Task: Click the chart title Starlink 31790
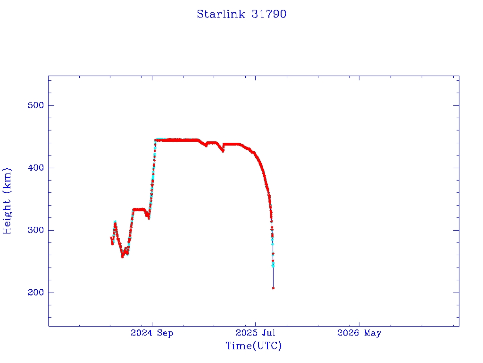tap(241, 14)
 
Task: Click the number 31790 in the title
tap(269, 14)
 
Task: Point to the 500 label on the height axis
tap(36, 105)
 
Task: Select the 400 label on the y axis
tap(36, 168)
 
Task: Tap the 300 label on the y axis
tap(36, 230)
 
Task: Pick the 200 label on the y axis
tap(36, 293)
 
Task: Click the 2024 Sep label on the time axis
tap(152, 333)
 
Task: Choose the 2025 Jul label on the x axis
tap(255, 333)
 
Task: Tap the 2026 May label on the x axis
tap(359, 333)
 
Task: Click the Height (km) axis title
tap(7, 201)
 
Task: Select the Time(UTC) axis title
tap(253, 346)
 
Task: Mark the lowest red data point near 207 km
tap(273, 288)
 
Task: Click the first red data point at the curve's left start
tap(111, 238)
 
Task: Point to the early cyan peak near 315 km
tap(115, 222)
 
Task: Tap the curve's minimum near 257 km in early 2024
tap(122, 257)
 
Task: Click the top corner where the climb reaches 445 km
tap(156, 140)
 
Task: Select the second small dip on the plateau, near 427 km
tap(223, 151)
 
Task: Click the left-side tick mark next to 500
tap(51, 105)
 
